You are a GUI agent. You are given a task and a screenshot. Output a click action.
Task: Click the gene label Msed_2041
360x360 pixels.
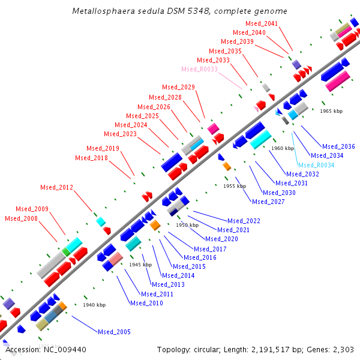point(262,23)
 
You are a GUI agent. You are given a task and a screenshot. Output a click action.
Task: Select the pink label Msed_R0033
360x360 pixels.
point(199,69)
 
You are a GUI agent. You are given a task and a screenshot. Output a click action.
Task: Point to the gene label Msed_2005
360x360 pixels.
point(114,332)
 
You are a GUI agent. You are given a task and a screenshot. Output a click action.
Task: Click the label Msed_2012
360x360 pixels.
point(56,187)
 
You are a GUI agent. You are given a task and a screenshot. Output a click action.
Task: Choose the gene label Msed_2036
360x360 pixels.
point(338,146)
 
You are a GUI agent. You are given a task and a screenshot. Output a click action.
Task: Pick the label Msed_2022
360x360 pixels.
point(244,221)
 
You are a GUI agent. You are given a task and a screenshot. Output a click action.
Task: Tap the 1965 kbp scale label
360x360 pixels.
point(331,111)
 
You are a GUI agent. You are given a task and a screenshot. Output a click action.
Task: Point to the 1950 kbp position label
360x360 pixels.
point(187,225)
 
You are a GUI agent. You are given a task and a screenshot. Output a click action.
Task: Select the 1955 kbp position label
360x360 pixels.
point(235,186)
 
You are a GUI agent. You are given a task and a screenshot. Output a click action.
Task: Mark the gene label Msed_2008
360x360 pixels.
point(21,218)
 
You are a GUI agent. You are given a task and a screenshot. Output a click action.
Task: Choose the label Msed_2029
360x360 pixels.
point(178,88)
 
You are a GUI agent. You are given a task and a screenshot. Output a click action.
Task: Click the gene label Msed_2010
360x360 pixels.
point(146,303)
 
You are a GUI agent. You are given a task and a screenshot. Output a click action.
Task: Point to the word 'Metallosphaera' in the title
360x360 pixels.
point(100,11)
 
